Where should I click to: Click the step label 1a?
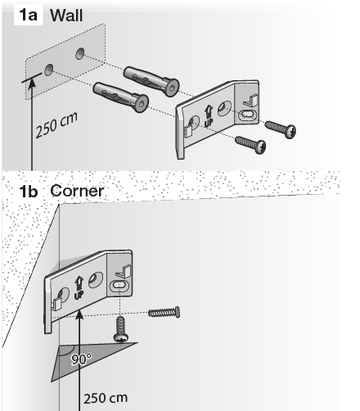coord(28,15)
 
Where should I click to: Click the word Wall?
coord(66,15)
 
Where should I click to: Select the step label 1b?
coord(29,191)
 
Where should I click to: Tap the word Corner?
coord(77,191)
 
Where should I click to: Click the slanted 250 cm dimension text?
coord(56,124)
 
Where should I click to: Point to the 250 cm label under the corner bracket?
coord(106,398)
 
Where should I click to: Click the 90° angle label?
coord(81,359)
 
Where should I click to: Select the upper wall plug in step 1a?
coord(151,81)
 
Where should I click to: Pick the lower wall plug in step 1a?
coord(121,97)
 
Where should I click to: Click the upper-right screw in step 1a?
coord(281,129)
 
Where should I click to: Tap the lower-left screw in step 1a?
coord(250,145)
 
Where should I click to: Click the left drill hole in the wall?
coord(49,70)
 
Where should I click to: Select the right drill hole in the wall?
coord(80,53)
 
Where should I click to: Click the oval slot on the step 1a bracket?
coord(248,115)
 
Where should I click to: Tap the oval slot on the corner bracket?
coord(119,285)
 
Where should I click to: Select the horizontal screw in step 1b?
coord(164,312)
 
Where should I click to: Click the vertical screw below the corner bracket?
coord(120,329)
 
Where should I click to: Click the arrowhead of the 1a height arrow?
coord(32,83)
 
